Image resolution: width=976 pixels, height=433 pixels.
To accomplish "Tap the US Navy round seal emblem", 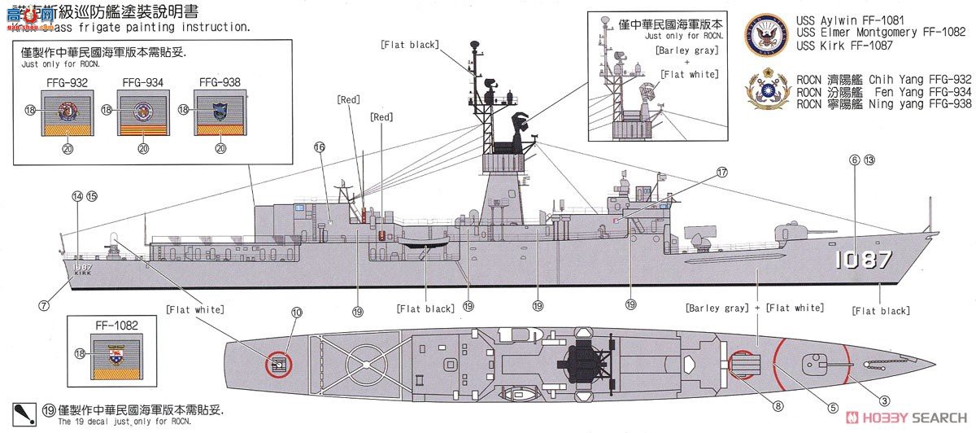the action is [766, 33].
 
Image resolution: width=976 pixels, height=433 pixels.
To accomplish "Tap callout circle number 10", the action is [296, 312].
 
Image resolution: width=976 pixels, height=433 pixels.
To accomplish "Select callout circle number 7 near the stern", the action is [44, 305].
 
